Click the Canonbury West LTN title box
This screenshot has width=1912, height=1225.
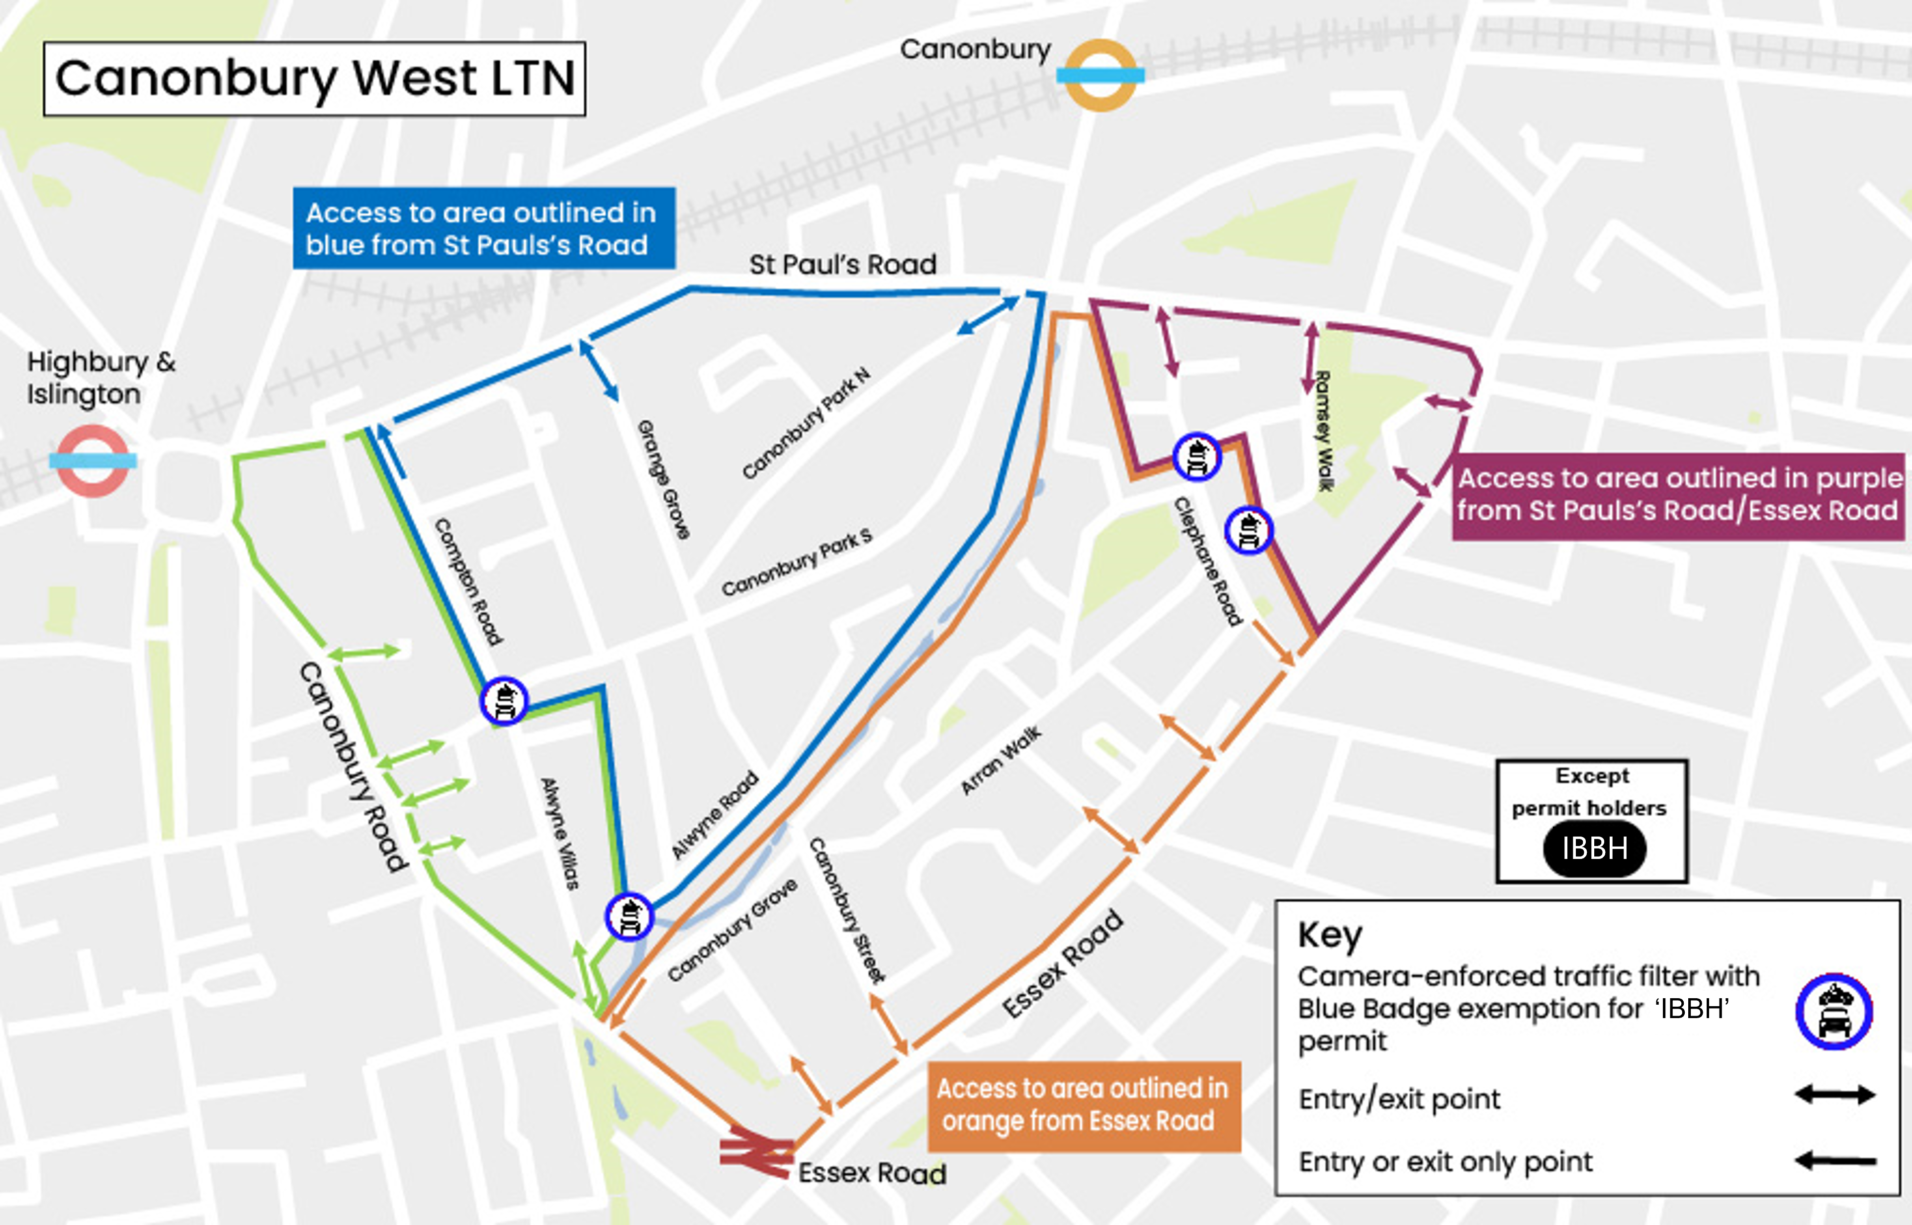pyautogui.click(x=314, y=79)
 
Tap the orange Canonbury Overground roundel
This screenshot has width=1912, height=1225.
pyautogui.click(x=1100, y=76)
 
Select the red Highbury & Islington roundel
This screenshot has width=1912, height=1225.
pyautogui.click(x=93, y=461)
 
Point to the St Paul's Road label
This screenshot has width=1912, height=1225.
pyautogui.click(x=842, y=264)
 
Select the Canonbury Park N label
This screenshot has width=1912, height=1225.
pyautogui.click(x=806, y=423)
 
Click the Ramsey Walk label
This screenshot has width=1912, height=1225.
pyautogui.click(x=1323, y=430)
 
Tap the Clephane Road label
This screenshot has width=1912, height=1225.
pyautogui.click(x=1208, y=562)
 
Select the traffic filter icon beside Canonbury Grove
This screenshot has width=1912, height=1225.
pyautogui.click(x=629, y=916)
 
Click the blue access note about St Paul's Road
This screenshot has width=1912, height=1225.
pyautogui.click(x=483, y=228)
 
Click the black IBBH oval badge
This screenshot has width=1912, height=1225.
pyautogui.click(x=1594, y=849)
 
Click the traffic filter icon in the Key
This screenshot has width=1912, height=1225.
pyautogui.click(x=1834, y=1012)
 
